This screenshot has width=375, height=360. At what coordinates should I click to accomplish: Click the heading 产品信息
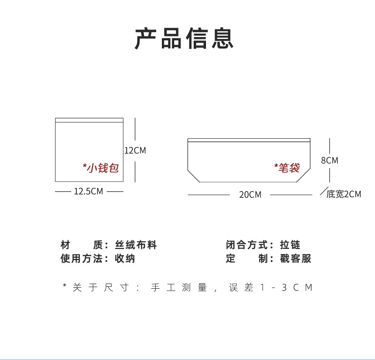point(184,38)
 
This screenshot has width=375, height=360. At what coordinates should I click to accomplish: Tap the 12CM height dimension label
point(135,151)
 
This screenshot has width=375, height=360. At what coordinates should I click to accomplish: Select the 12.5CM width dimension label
point(88,191)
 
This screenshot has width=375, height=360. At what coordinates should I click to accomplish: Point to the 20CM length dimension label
point(250,195)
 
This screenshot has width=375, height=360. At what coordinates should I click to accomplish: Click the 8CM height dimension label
point(329,161)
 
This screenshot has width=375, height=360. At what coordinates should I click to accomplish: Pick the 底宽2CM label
point(344,194)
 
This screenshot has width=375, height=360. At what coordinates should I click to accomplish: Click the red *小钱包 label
point(101,168)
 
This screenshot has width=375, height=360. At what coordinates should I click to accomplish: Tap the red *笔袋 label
point(287,168)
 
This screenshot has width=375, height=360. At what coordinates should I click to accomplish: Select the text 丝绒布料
point(136,245)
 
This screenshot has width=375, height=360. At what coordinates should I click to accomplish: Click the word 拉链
point(290,245)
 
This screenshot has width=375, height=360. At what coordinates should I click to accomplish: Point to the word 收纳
point(125,258)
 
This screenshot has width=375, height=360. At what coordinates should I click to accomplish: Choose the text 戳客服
point(295,258)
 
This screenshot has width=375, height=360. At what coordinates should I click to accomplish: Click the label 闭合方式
point(246,245)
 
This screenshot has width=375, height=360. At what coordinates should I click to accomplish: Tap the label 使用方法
point(81,258)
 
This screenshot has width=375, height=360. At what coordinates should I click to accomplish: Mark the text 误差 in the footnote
point(241,287)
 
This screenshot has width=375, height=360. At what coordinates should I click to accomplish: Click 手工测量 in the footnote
point(178,287)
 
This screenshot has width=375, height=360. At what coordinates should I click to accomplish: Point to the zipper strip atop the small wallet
point(89,120)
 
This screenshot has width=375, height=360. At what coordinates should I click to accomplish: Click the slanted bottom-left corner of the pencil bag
point(194,176)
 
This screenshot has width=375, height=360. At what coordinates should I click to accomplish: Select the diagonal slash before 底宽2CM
point(324,191)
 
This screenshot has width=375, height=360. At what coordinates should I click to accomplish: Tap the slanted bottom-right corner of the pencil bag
point(303,175)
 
